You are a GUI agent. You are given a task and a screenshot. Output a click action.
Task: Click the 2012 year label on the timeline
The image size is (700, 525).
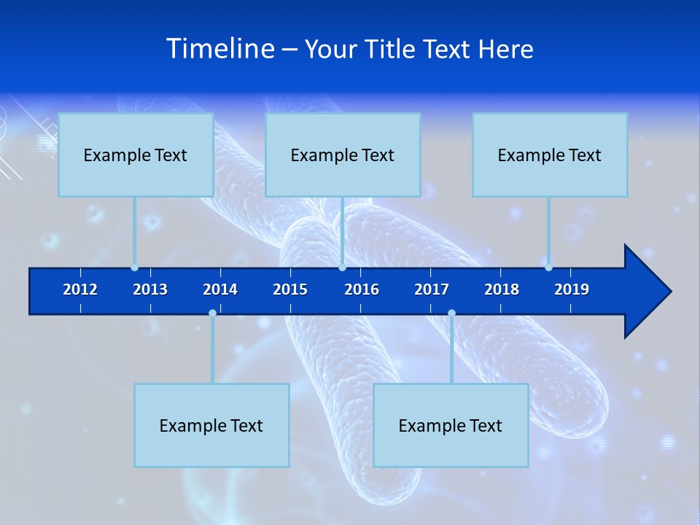(80, 289)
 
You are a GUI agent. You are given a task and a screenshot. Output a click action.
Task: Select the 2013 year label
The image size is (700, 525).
(150, 289)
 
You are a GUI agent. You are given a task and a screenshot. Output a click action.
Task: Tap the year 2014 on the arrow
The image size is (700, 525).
(220, 289)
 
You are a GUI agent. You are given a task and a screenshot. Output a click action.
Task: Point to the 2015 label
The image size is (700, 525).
(290, 289)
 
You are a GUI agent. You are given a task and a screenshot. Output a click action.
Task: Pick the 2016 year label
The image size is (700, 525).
(362, 289)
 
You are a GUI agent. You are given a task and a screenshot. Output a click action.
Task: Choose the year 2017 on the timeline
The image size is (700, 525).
(432, 289)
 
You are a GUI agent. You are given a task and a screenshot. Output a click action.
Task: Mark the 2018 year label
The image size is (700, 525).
(502, 289)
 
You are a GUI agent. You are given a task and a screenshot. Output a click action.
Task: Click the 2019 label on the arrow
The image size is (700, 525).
(572, 289)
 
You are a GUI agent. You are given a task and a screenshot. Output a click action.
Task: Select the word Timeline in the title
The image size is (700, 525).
(219, 49)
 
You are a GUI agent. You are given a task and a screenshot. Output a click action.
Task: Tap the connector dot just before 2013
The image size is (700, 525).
(134, 268)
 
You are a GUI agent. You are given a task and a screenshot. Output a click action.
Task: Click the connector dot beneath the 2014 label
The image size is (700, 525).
(212, 314)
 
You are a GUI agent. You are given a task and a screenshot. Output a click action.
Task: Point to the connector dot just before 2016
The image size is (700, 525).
(342, 268)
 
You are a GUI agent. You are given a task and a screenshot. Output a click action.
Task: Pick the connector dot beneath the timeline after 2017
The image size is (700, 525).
(451, 314)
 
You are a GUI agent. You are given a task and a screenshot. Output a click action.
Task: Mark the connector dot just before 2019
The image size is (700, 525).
(548, 268)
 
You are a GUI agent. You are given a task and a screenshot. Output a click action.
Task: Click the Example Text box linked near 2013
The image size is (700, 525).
(136, 155)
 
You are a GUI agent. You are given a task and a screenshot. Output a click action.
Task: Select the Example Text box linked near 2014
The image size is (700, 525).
(211, 425)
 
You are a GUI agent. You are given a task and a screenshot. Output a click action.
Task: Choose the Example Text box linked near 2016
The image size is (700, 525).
(343, 155)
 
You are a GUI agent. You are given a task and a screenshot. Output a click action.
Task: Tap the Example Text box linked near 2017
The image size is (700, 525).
(451, 425)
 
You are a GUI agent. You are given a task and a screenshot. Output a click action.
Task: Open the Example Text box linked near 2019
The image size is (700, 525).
(550, 155)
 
